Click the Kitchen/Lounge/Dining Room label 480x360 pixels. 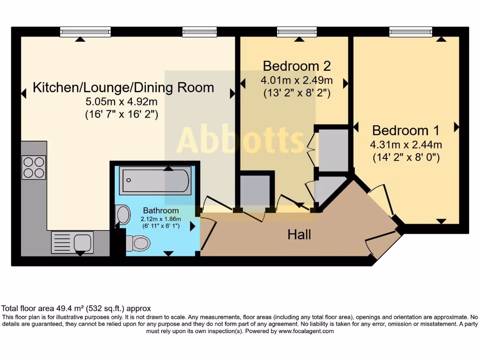tap(123, 87)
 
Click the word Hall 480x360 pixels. tap(299, 234)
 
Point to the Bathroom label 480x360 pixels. tap(161, 210)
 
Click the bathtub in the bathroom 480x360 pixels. tap(155, 180)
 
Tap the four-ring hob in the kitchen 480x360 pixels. tap(34, 167)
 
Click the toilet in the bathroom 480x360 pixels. tap(137, 243)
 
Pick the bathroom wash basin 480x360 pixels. tap(123, 215)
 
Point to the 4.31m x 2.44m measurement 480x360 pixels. tap(406, 144)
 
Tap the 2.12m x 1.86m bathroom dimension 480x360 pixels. tap(161, 218)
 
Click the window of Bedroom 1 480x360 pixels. tap(411, 32)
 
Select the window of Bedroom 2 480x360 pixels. tap(297, 32)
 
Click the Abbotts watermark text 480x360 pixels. tap(240, 139)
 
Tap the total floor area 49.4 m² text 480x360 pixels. tap(76, 308)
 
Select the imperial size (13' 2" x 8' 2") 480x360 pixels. tap(297, 93)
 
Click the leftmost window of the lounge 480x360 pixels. tap(85, 32)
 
